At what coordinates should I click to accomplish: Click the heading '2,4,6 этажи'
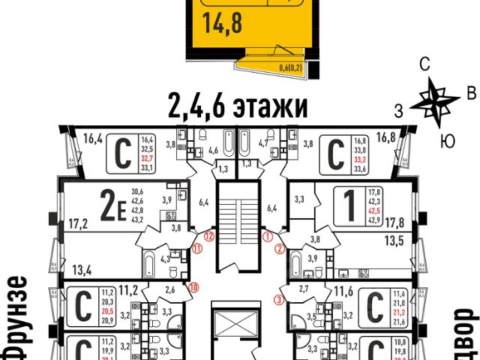tap(234, 108)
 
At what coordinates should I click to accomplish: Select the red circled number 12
tap(210, 236)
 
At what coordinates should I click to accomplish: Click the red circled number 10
tap(193, 286)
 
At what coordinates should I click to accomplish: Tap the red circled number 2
tap(280, 248)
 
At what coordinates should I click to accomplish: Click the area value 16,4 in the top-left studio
tap(93, 138)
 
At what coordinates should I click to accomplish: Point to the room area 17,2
tap(76, 223)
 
